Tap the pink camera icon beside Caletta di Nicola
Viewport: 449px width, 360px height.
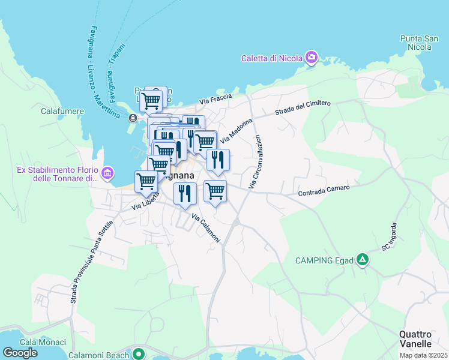(x=312, y=58)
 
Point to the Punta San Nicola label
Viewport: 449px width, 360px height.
(x=416, y=42)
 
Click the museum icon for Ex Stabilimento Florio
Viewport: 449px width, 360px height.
(x=107, y=174)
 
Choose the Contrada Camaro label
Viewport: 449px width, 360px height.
(x=324, y=190)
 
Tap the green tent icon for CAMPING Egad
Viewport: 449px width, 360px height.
(x=362, y=260)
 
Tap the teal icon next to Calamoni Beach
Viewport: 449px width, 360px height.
(x=139, y=354)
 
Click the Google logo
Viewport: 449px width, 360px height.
(x=20, y=353)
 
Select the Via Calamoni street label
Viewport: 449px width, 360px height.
(x=206, y=228)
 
